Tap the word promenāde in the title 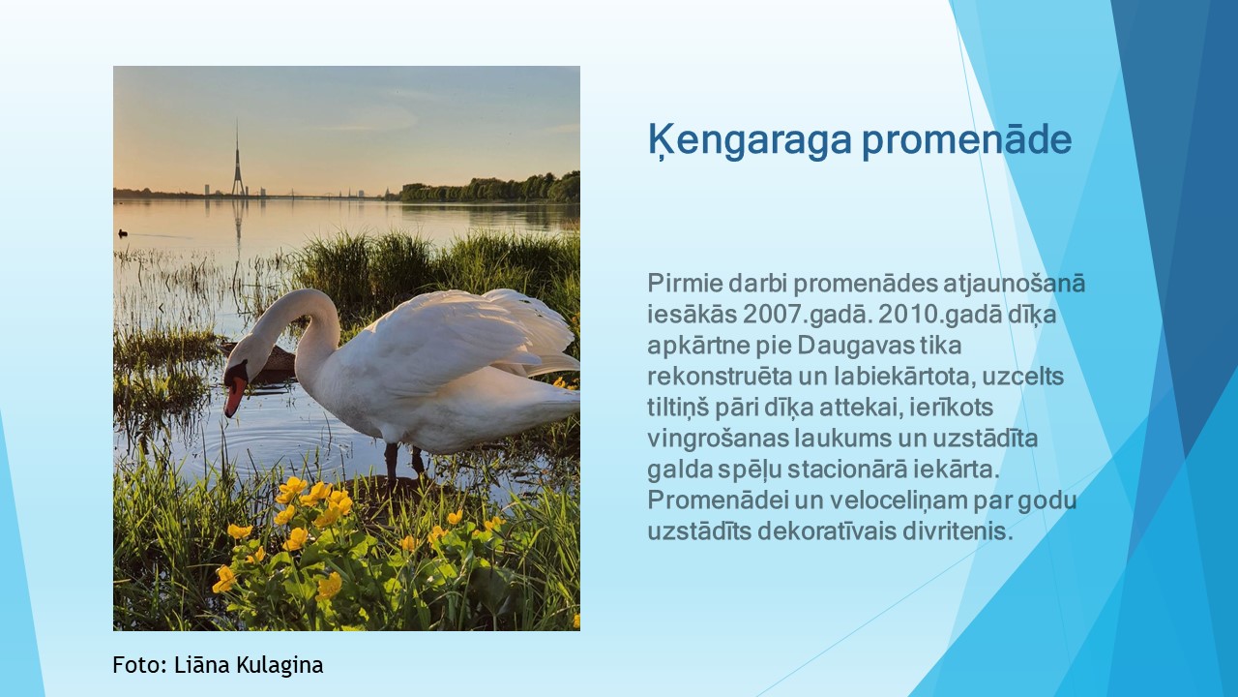966,140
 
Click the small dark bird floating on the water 123,233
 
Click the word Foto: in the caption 140,664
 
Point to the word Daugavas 856,347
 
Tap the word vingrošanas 718,439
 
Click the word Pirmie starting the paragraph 685,284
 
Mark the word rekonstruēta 720,377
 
